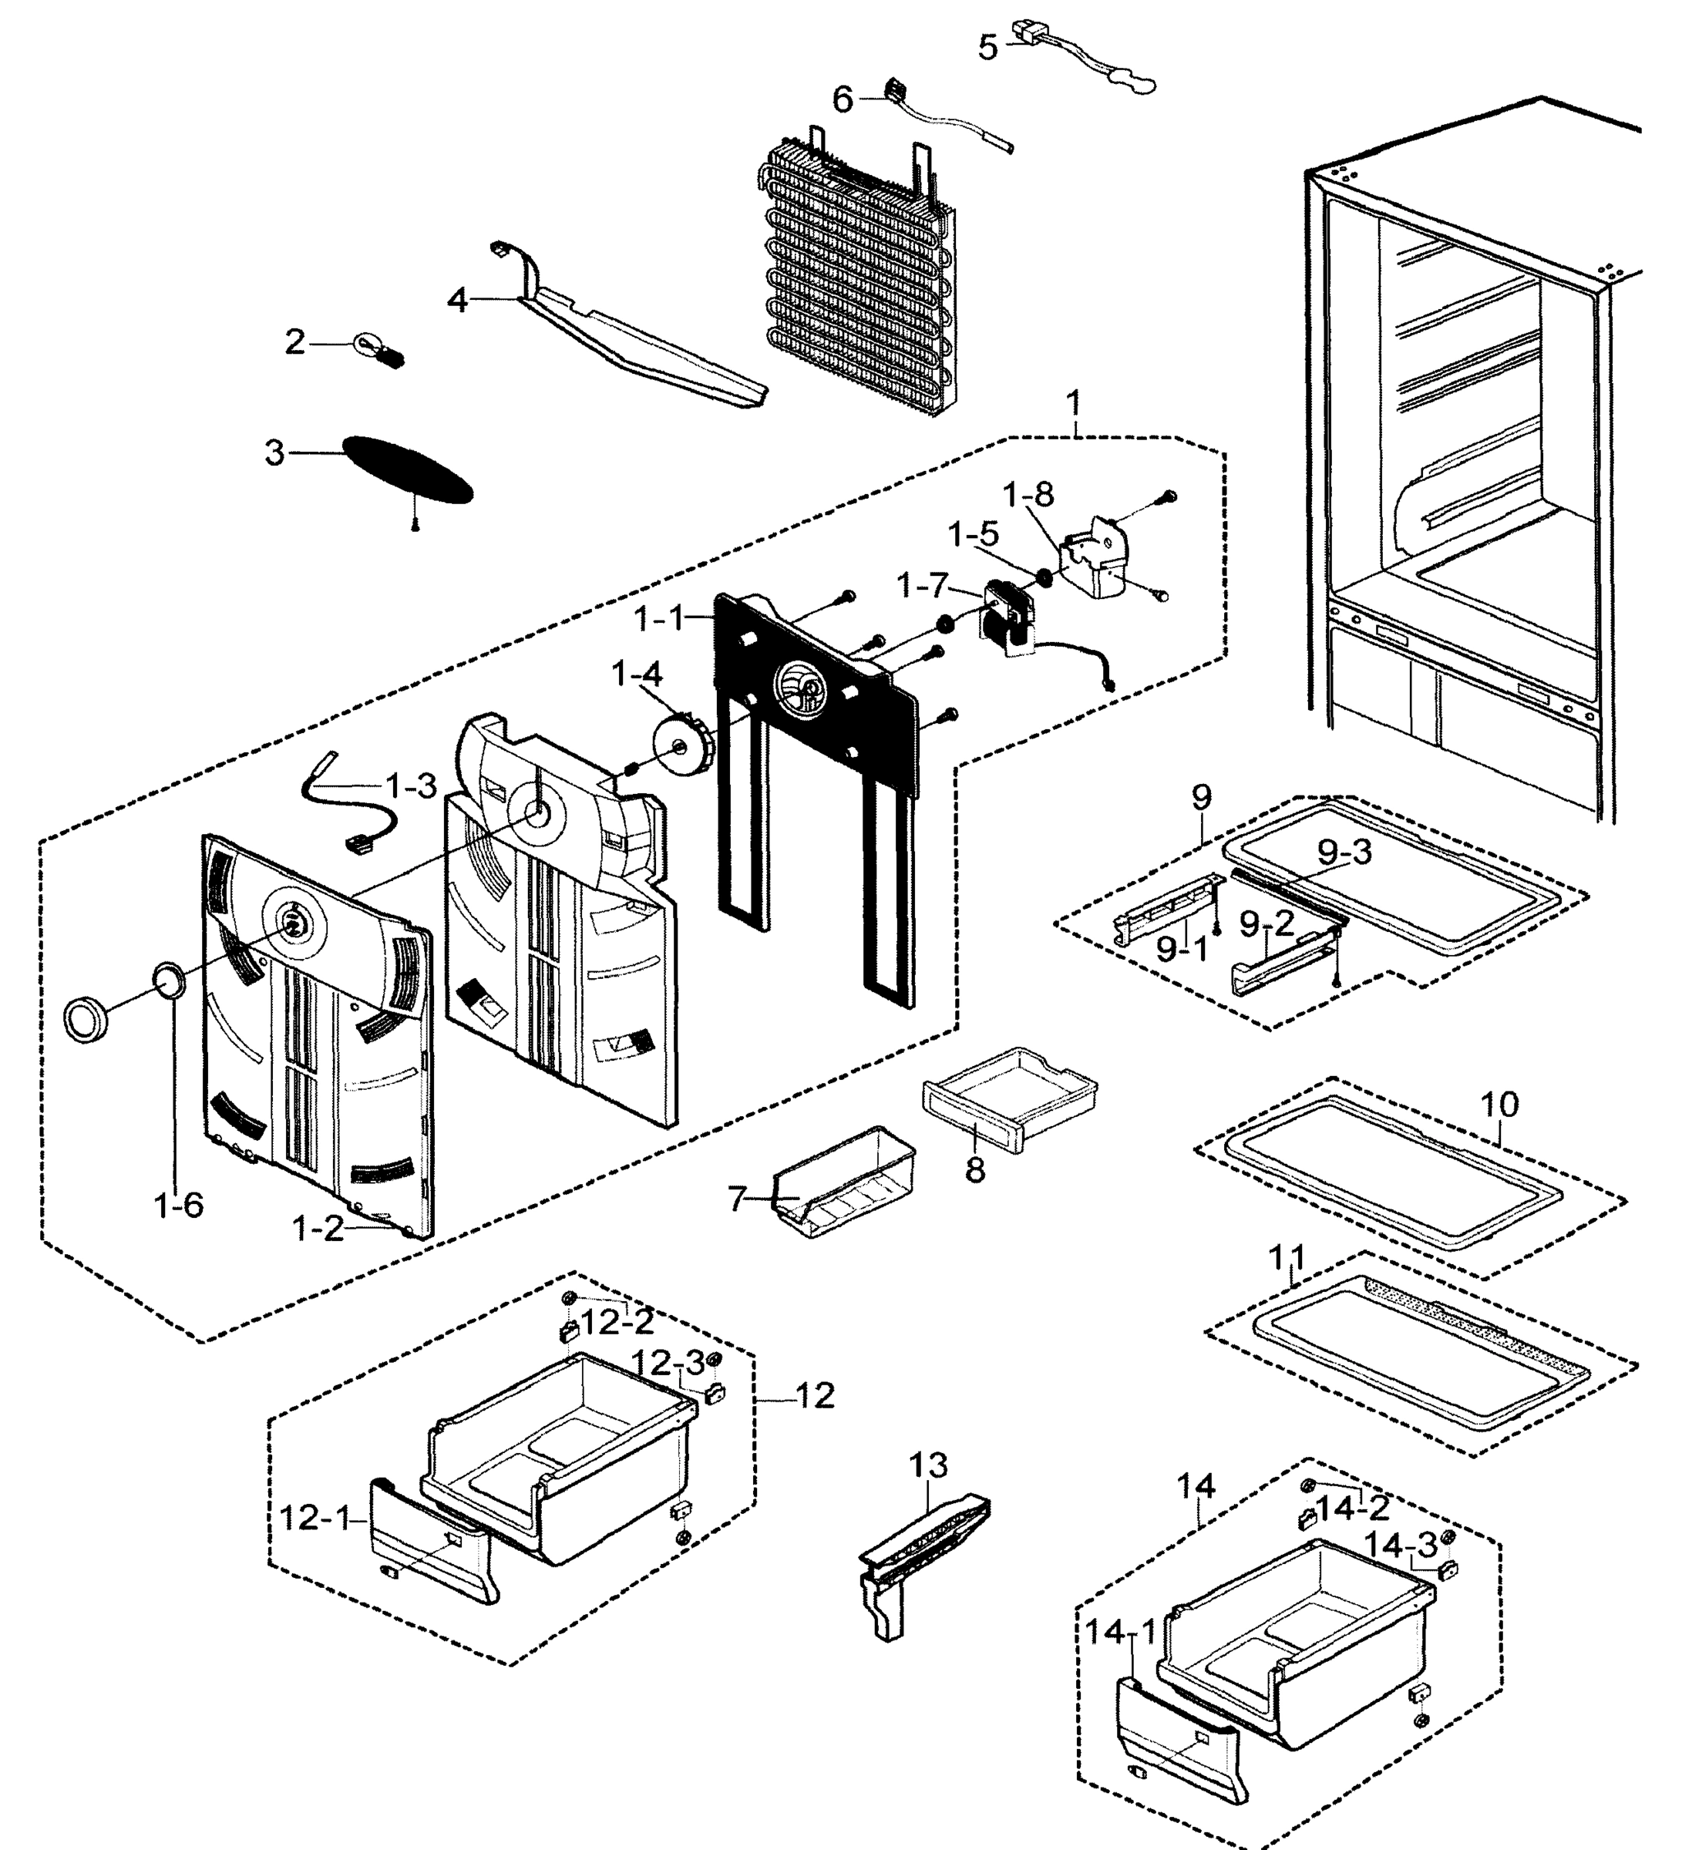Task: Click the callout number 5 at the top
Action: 987,47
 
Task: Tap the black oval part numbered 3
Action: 409,469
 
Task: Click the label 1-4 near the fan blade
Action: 636,675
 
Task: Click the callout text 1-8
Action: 1028,495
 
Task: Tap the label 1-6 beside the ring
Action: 179,1205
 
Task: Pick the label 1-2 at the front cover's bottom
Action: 318,1228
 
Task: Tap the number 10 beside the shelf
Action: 1499,1103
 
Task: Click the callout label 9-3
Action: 1344,853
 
